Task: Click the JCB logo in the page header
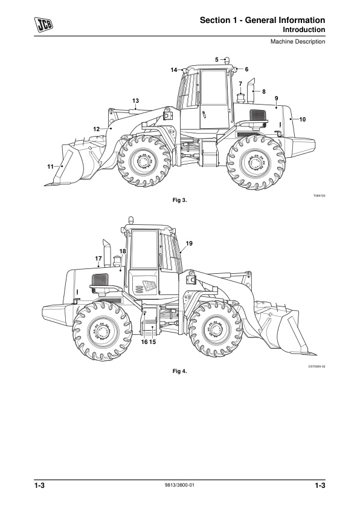43,25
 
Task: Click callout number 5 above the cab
217,59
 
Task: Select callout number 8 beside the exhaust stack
264,91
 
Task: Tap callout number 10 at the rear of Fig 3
302,120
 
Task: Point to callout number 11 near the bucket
50,166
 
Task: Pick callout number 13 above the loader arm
135,100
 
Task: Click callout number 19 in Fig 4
189,243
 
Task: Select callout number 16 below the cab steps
144,342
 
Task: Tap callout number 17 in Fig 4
98,258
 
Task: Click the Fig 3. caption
179,200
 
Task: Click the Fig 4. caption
179,371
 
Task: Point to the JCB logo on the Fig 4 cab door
150,285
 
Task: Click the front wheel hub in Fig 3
144,161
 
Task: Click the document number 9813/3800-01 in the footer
179,485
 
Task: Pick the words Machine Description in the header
298,42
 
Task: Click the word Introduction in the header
304,30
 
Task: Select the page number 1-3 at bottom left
40,485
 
